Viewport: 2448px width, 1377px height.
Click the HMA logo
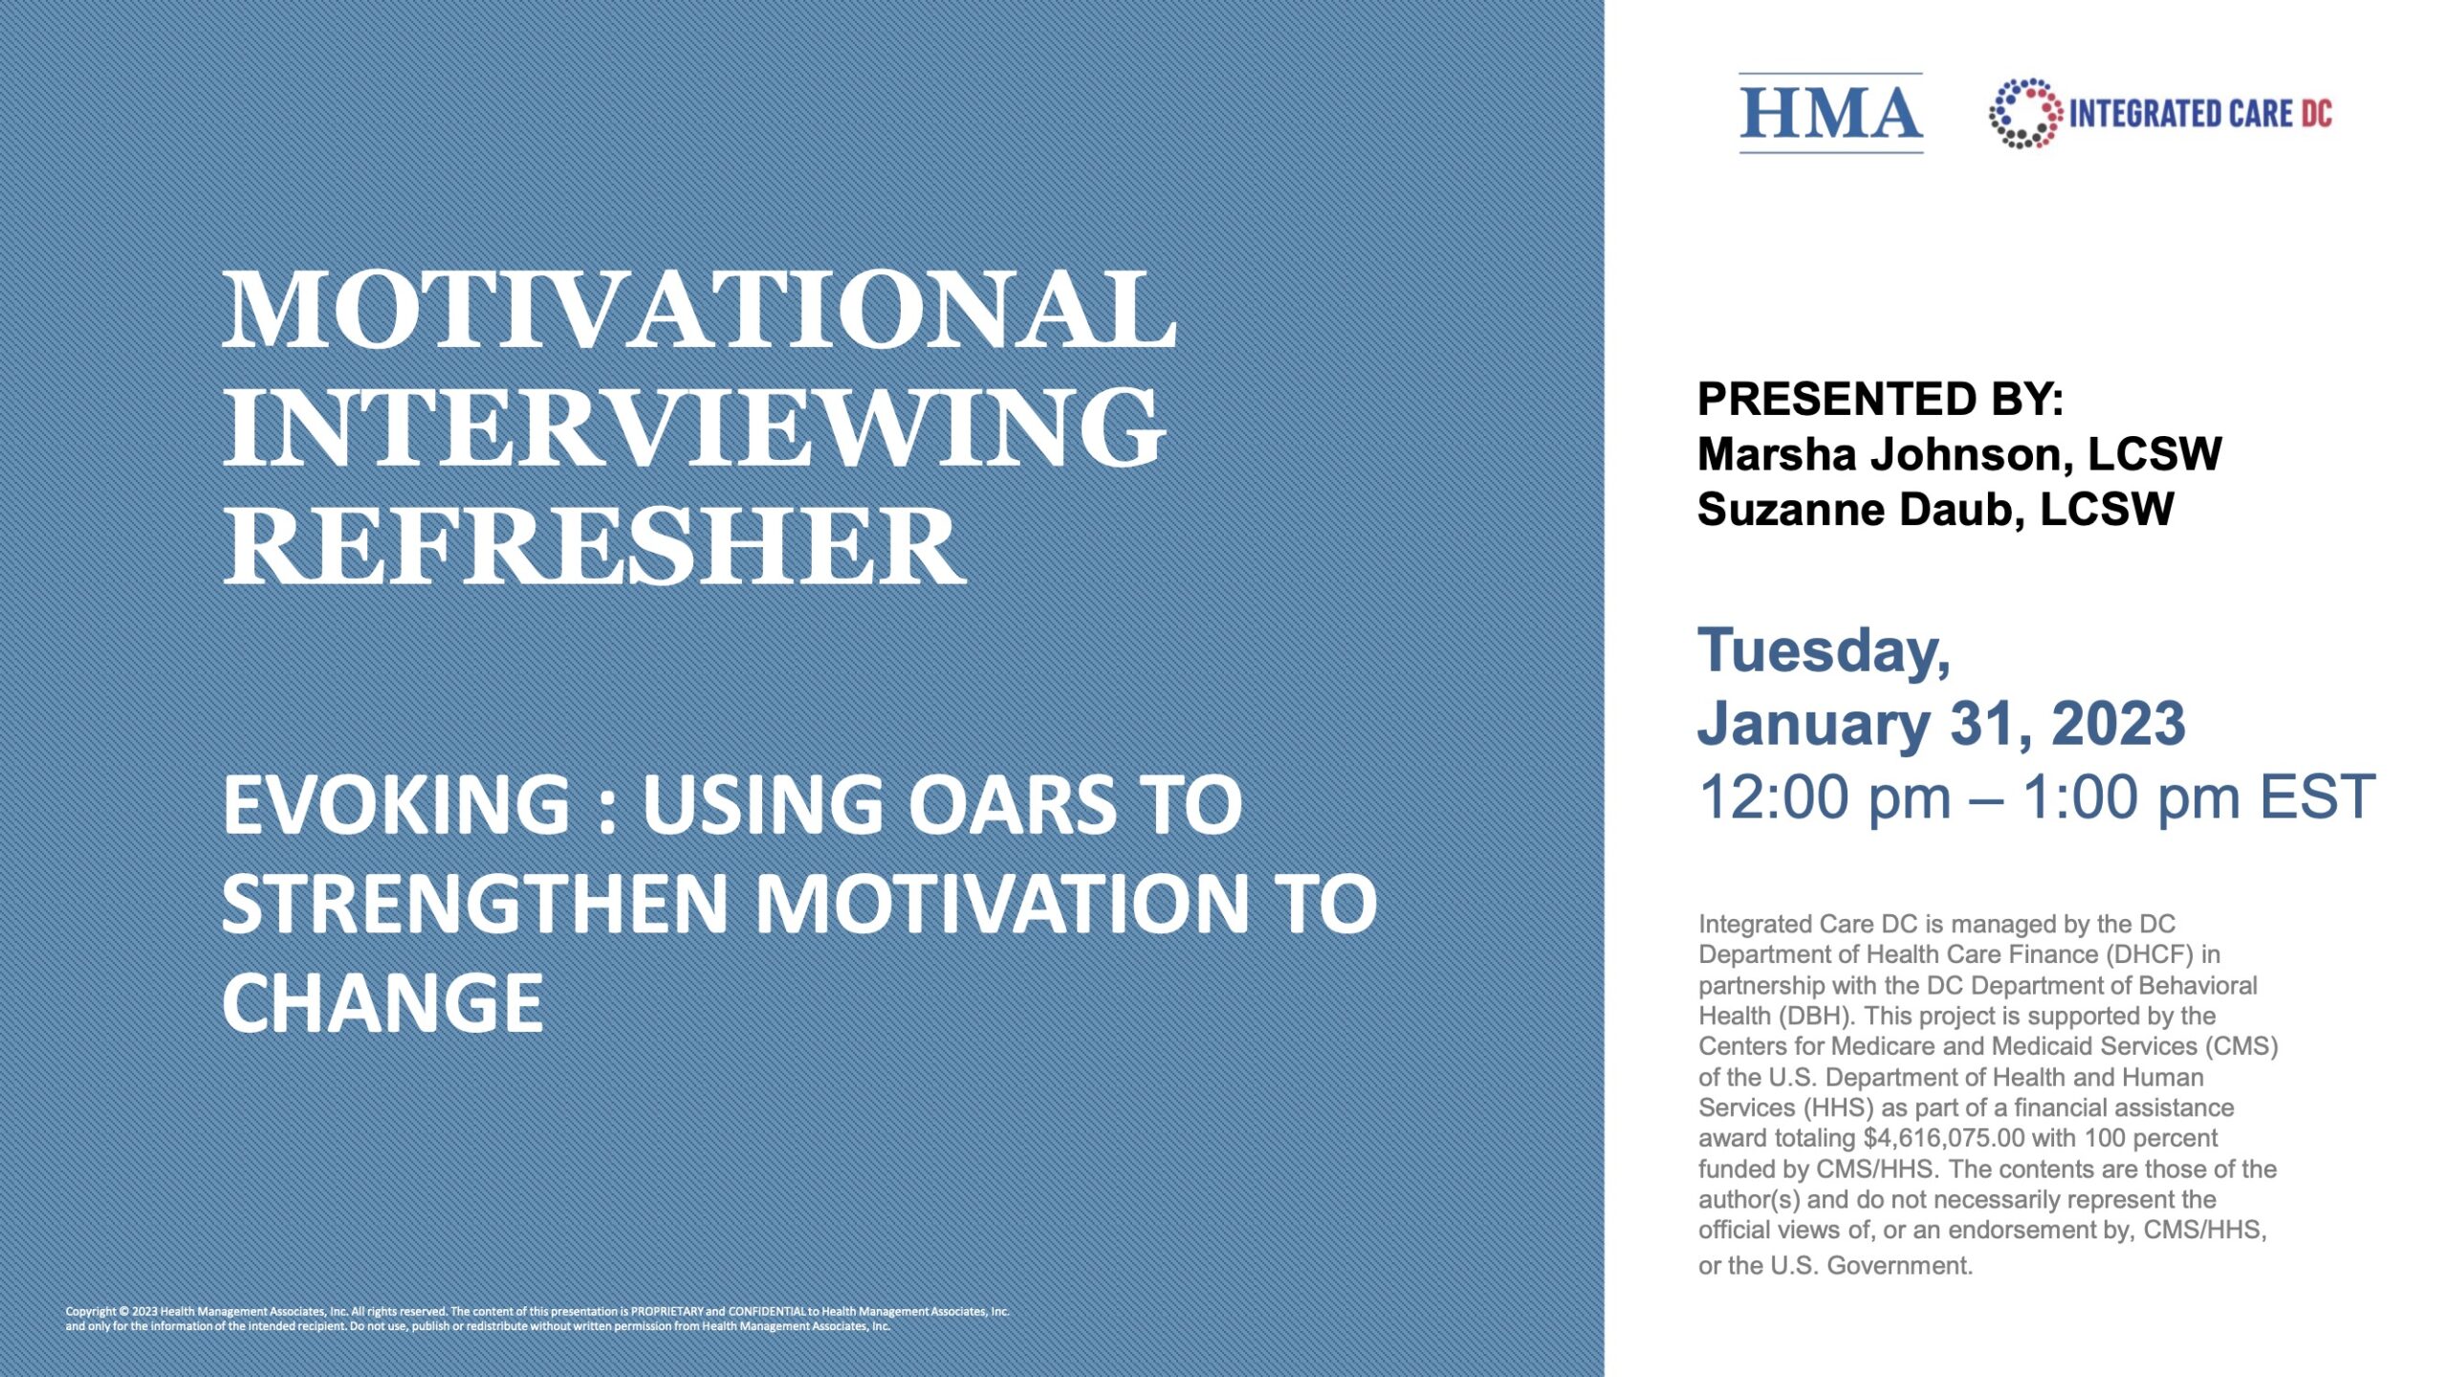(1830, 113)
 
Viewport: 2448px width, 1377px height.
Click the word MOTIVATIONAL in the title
(699, 310)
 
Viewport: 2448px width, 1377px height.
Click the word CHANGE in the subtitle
(382, 1003)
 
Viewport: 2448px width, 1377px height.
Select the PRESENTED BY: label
(1880, 399)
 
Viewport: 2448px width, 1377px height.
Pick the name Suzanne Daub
(1860, 510)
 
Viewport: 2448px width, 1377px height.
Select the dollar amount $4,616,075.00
(1943, 1138)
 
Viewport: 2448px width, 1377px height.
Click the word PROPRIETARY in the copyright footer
(667, 1311)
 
